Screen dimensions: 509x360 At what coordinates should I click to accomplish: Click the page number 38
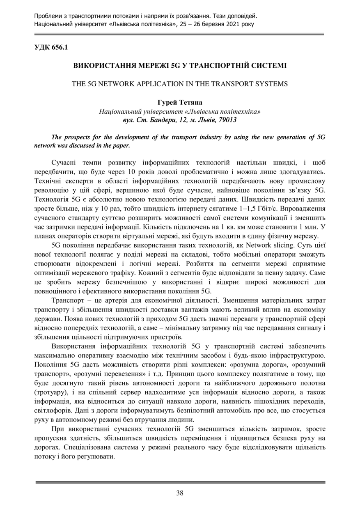point(180,493)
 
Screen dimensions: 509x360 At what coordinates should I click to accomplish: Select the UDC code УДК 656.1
point(51,47)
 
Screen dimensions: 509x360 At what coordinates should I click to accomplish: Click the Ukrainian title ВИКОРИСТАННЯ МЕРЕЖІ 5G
point(179,66)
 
